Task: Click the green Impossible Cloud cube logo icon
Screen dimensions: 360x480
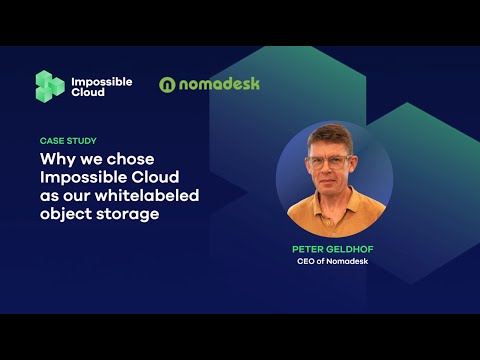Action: (50, 86)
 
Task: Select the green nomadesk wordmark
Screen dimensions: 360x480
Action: (219, 84)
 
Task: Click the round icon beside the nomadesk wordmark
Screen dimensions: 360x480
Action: (168, 85)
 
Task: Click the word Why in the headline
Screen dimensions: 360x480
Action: (56, 158)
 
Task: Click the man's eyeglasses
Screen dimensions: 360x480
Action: (329, 162)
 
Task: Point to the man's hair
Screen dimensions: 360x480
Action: (329, 137)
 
